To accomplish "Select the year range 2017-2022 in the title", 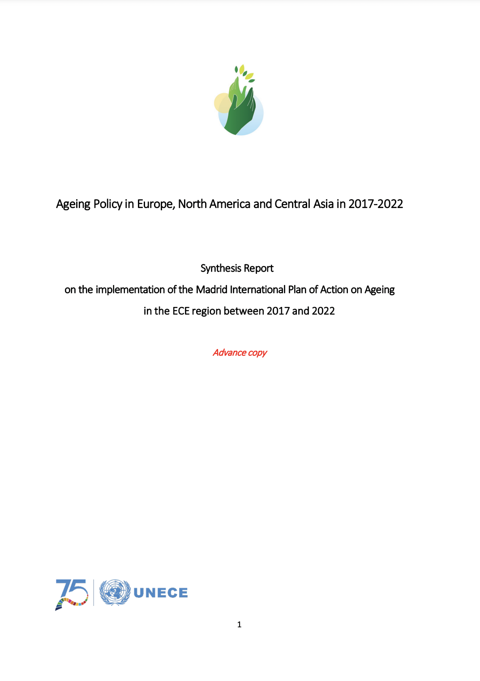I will coord(376,204).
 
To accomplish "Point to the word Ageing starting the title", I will coord(73,204).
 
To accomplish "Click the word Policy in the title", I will coord(107,204).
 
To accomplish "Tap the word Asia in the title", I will coord(323,204).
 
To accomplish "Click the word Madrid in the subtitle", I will coord(212,290).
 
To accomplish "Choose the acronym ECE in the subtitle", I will coord(181,311).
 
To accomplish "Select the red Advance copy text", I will coord(240,353).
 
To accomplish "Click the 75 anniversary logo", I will coord(72,594).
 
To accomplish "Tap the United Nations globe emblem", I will coord(115,592).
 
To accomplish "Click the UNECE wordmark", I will coord(161,593).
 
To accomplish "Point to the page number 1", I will coord(240,624).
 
